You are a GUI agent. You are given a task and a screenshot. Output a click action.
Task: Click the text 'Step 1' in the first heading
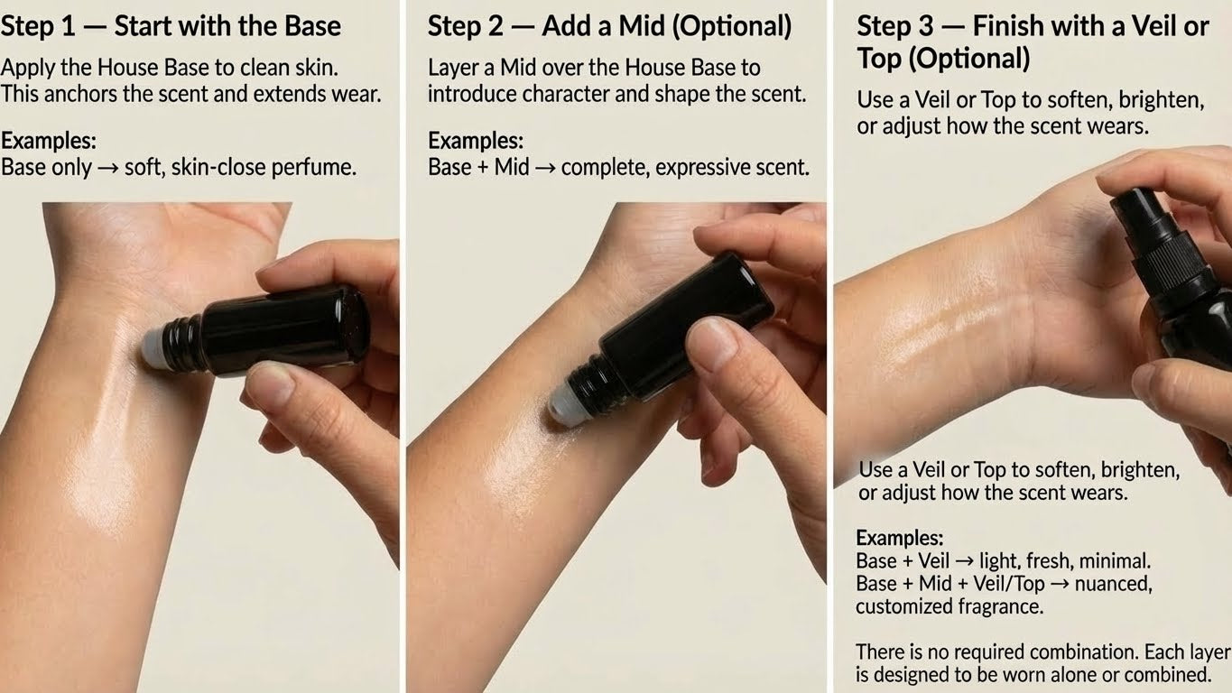tap(37, 26)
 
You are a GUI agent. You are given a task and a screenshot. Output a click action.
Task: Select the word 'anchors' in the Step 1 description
tap(81, 94)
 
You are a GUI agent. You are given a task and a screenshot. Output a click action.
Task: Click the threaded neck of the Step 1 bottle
tap(184, 344)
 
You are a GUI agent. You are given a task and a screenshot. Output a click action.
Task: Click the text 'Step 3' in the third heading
tap(894, 26)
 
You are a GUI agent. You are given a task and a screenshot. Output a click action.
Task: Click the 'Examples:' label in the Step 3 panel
tap(900, 538)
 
